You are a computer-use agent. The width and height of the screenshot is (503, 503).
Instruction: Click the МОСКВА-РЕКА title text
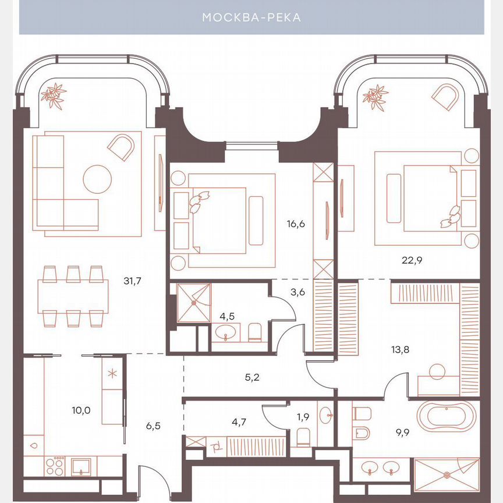pos(251,18)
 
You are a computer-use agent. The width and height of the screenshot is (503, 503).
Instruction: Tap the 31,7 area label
pos(133,281)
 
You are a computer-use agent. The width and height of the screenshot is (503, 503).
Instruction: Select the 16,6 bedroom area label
pos(296,222)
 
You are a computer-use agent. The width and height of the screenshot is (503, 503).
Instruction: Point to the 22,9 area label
pos(412,260)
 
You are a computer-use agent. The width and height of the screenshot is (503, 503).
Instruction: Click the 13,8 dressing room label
pos(400,350)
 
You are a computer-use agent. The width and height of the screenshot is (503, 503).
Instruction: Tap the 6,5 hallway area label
pos(153,426)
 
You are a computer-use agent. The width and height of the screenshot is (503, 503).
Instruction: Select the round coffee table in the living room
pos(97,179)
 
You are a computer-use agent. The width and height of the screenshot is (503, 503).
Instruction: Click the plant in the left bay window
pos(54,95)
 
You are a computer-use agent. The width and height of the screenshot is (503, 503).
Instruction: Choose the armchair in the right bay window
pos(445,97)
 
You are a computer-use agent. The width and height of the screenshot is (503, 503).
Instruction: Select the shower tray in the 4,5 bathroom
pos(193,302)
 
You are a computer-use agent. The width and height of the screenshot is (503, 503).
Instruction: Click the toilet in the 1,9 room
pos(303,437)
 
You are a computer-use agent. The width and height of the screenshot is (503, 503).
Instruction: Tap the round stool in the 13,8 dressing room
pos(437,370)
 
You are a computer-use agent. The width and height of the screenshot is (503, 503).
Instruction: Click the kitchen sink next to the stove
pos(80,466)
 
